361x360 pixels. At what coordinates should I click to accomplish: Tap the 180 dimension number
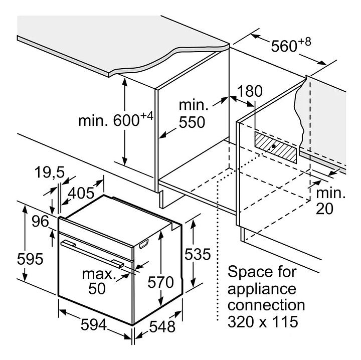(250, 91)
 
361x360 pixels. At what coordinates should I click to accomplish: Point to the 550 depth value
(193, 122)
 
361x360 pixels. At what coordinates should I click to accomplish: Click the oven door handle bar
(93, 252)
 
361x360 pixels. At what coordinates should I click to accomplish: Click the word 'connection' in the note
(266, 305)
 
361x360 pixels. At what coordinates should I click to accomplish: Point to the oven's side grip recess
(144, 244)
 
